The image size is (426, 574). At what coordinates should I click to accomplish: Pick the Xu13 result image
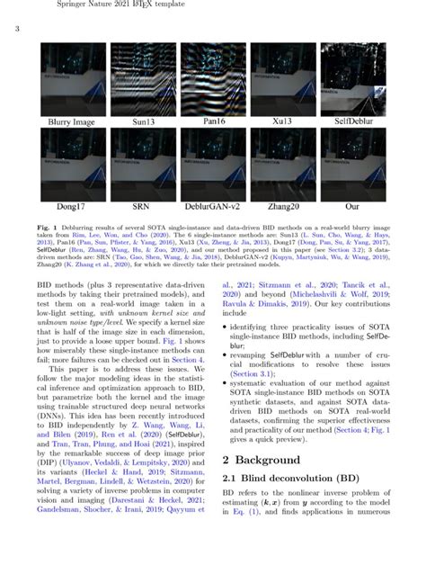283,79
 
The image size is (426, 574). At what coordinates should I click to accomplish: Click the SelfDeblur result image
353,79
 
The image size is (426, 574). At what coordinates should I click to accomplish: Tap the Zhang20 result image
283,163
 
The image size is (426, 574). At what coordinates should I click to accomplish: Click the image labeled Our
353,163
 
